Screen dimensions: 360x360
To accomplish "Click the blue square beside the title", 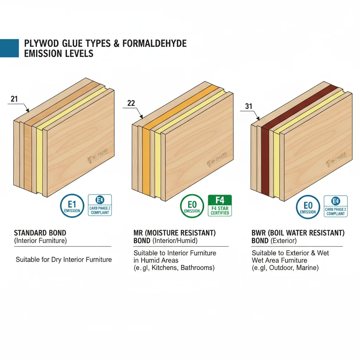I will (x=9, y=48).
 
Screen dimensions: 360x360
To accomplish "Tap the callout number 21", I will (x=14, y=99).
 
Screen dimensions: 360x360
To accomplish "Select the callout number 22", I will (x=131, y=103).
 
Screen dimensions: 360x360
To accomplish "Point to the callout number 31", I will (x=249, y=106).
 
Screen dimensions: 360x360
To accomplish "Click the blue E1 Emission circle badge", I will (x=72, y=206).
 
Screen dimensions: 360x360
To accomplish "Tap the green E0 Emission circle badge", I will (x=192, y=206).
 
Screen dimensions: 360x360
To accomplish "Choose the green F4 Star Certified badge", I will (x=220, y=205).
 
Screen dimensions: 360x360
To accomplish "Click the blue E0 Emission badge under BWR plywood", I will (x=308, y=207).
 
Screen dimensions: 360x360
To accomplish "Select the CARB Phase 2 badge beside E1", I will (x=100, y=205).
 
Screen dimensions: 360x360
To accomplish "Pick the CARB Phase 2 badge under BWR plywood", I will (x=336, y=206).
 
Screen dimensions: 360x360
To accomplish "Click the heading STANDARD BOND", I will (x=40, y=233).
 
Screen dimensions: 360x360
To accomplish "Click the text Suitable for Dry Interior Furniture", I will (x=64, y=260).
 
